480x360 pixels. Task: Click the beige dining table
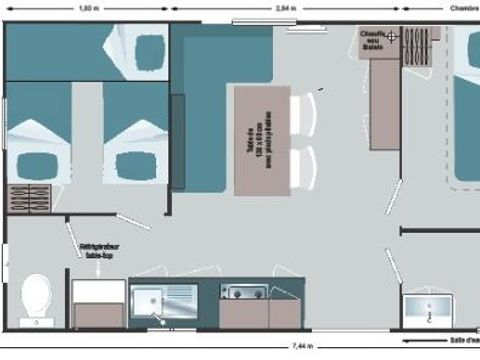point(262,139)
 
